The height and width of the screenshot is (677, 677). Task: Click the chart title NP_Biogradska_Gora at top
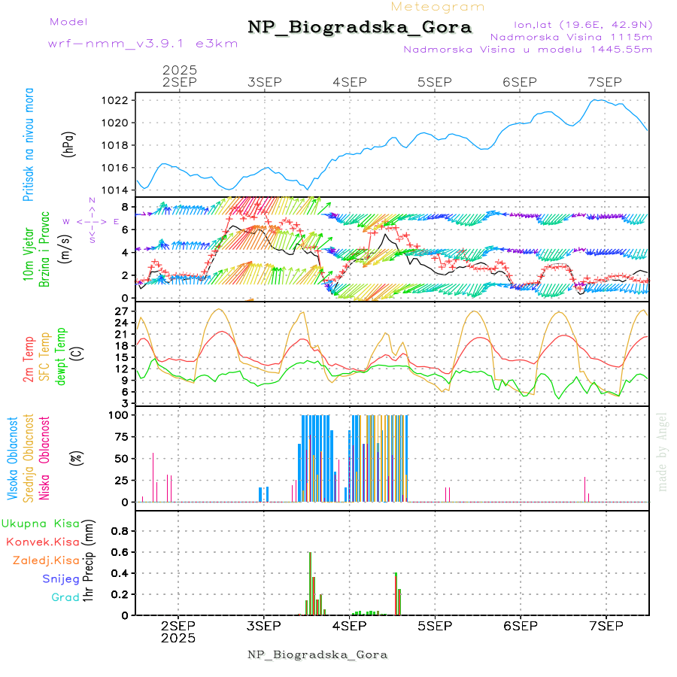pyautogui.click(x=360, y=28)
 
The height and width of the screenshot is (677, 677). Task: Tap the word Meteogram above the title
pyautogui.click(x=438, y=7)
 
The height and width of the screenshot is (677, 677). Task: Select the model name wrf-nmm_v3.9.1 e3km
pyautogui.click(x=143, y=43)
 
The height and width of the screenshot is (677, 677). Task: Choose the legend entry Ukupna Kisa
pyautogui.click(x=41, y=524)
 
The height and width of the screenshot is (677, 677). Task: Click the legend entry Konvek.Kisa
pyautogui.click(x=43, y=542)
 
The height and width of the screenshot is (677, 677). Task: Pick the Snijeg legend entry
pyautogui.click(x=61, y=578)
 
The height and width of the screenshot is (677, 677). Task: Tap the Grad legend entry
pyautogui.click(x=65, y=597)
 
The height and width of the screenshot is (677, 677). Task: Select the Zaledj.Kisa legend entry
pyautogui.click(x=46, y=560)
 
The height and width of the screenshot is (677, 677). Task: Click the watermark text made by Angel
pyautogui.click(x=663, y=451)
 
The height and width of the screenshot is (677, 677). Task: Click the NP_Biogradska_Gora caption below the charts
pyautogui.click(x=317, y=654)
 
